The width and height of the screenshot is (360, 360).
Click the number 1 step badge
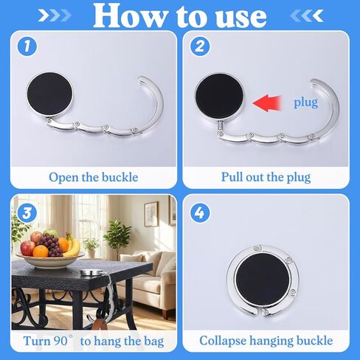[27, 46]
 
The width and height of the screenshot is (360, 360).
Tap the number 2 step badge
[200, 46]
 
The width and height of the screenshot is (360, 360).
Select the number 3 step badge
[27, 213]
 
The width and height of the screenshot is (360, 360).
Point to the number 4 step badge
[200, 213]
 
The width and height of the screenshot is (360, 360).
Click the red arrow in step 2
[267, 103]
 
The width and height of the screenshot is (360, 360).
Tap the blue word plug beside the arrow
[305, 102]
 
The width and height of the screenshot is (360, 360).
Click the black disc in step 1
[50, 94]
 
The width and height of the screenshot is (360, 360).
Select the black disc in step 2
[219, 96]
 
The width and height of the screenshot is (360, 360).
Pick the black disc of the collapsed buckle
[263, 279]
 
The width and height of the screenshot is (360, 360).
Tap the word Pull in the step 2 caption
[232, 177]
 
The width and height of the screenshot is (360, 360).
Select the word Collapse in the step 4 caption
[223, 341]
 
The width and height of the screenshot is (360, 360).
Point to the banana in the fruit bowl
[73, 246]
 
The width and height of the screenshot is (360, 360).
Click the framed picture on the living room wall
[150, 214]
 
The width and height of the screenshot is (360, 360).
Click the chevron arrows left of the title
[55, 15]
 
